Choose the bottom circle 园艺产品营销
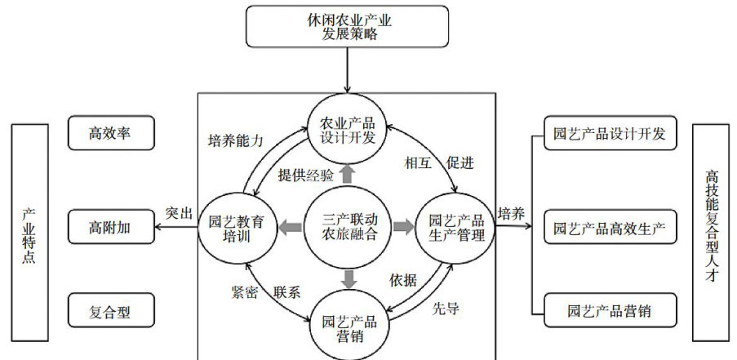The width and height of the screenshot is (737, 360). click(x=348, y=319)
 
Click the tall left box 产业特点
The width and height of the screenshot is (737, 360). click(x=30, y=231)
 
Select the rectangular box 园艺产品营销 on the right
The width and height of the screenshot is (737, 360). click(x=610, y=311)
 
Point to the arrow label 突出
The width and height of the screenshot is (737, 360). click(x=179, y=214)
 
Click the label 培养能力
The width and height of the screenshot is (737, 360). click(x=236, y=140)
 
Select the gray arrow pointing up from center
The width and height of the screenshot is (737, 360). click(x=348, y=173)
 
